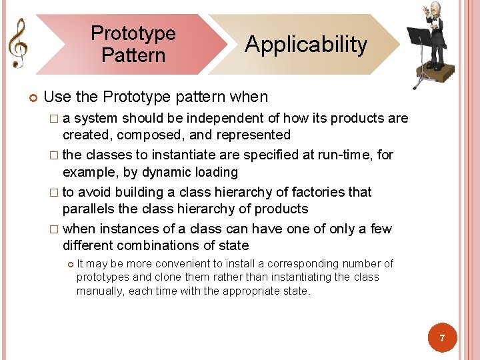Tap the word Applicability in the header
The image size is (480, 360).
click(x=306, y=45)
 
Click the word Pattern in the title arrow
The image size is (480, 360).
click(x=133, y=55)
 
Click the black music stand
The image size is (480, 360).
click(x=419, y=40)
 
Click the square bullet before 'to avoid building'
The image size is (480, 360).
click(x=55, y=192)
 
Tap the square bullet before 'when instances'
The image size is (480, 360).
click(x=55, y=229)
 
